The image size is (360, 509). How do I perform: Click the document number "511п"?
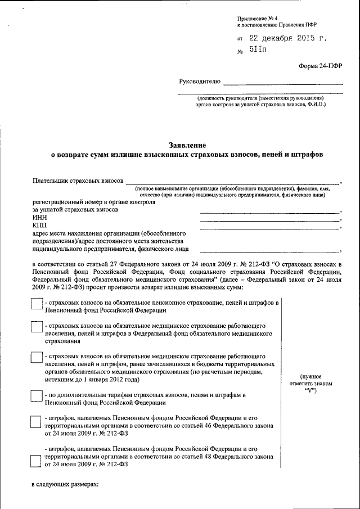(258, 51)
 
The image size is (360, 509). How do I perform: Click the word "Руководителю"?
(199, 82)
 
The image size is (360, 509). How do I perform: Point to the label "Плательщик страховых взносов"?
(78, 181)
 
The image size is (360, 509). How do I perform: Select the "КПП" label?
(39, 225)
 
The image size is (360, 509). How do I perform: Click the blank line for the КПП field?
(269, 228)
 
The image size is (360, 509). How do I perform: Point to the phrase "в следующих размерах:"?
(65, 484)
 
